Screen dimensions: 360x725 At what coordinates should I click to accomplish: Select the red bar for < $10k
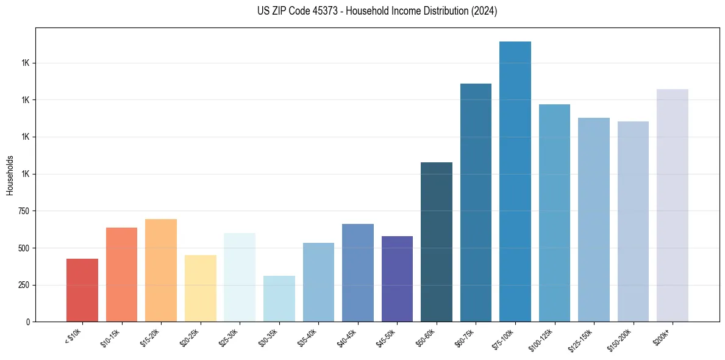click(x=82, y=290)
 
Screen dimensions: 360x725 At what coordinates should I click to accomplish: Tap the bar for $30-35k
click(x=279, y=298)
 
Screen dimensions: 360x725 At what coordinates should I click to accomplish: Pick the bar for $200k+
click(x=673, y=205)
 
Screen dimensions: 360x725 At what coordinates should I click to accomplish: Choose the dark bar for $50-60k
click(x=437, y=242)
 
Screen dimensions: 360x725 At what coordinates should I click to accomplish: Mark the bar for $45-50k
click(x=397, y=278)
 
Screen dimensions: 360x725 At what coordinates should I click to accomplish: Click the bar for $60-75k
click(x=476, y=202)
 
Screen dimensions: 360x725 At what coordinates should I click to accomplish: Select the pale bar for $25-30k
click(x=240, y=277)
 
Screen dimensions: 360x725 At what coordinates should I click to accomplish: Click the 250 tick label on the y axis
click(x=24, y=285)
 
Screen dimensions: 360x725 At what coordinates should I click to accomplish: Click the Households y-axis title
click(x=10, y=175)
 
